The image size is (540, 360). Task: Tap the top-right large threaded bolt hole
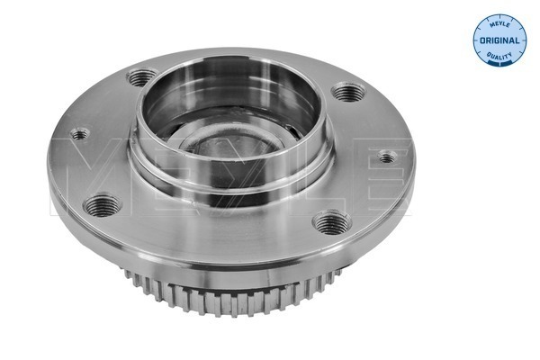click(347, 92)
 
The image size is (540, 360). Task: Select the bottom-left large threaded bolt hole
click(103, 205)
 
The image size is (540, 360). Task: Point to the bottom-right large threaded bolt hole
click(331, 222)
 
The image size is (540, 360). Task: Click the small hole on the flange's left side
click(79, 134)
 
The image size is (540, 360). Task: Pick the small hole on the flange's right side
click(387, 157)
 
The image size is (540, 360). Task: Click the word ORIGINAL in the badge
click(499, 40)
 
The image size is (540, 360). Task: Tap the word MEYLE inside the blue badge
click(499, 24)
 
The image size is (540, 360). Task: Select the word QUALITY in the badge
click(499, 55)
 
